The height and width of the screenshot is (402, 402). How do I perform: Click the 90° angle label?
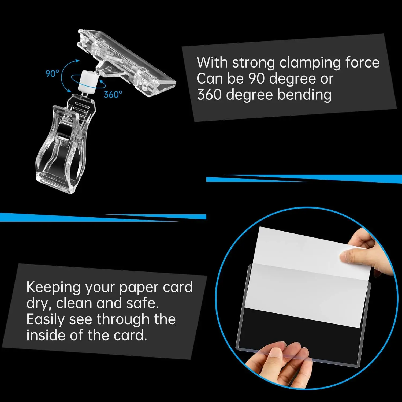(52, 73)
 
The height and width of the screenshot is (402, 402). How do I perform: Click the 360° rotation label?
(113, 94)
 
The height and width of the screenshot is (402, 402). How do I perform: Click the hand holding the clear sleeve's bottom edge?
(284, 364)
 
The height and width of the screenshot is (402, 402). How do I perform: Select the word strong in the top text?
(253, 63)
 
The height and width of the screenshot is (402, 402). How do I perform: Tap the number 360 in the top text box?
(209, 95)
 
